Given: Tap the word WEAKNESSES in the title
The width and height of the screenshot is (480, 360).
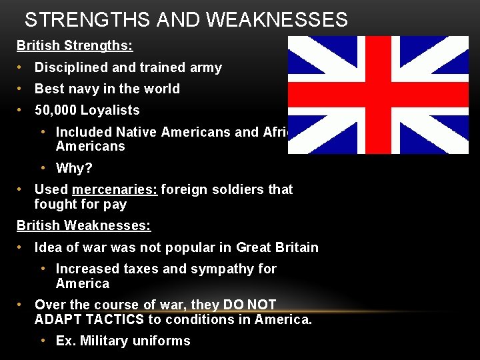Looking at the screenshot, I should click(x=277, y=20).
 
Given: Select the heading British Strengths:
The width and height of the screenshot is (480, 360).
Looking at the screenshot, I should click(x=75, y=46).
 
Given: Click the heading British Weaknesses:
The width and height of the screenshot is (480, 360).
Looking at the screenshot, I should click(x=83, y=225).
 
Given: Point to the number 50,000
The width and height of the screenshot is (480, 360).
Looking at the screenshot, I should click(x=54, y=110).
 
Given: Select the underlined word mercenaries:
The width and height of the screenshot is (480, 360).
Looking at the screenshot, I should click(x=115, y=189).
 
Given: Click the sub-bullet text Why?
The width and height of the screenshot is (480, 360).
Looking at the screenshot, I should click(x=75, y=168).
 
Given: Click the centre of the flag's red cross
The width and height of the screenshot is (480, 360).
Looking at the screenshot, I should click(x=379, y=95).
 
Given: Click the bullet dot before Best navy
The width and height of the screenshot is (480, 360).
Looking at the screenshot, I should click(x=21, y=89).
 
